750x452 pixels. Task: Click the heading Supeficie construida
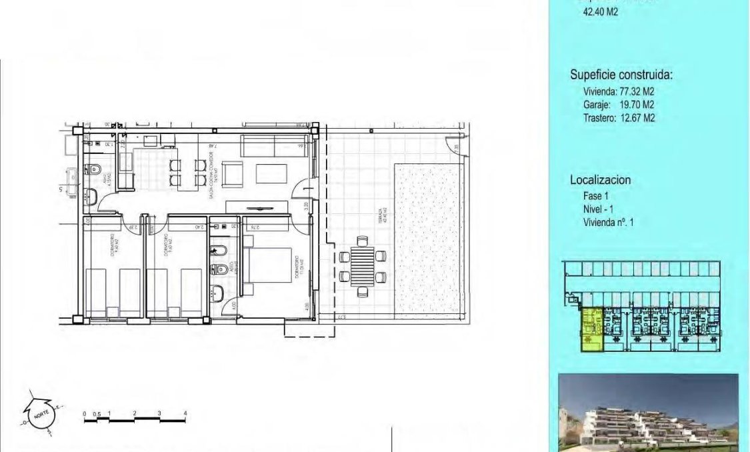coord(621,75)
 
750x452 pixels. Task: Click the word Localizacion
coord(600,180)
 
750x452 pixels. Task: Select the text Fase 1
coord(596,196)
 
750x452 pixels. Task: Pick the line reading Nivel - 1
coord(597,209)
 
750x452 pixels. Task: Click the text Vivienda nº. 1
coord(608,222)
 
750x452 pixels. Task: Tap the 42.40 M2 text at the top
coord(601,11)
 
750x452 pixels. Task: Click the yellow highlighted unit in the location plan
coord(591,329)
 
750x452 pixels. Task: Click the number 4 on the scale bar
coord(185,414)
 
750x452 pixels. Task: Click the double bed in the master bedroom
coord(270,269)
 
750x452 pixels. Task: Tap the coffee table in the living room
coord(271,173)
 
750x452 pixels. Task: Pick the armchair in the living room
coord(233,175)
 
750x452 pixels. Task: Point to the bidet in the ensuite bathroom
coord(217,251)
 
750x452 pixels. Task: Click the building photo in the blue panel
coord(648,412)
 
